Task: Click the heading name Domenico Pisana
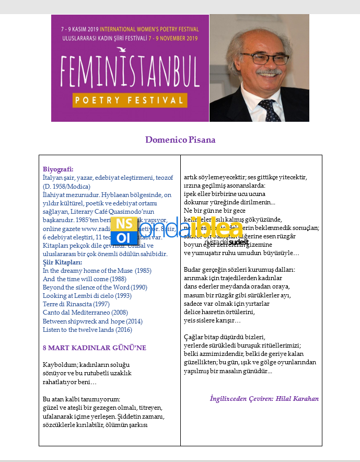(180, 140)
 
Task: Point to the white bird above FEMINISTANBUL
(121, 50)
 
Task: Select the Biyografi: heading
(58, 169)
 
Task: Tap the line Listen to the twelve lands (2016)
(87, 330)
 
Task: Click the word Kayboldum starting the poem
(59, 364)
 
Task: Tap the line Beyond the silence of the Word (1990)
(95, 287)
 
